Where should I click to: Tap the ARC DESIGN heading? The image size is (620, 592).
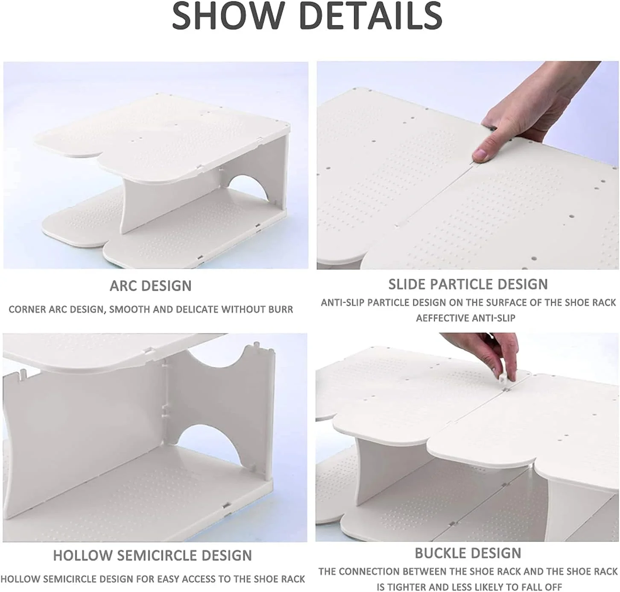[150, 286]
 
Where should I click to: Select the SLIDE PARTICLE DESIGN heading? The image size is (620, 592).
[468, 284]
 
